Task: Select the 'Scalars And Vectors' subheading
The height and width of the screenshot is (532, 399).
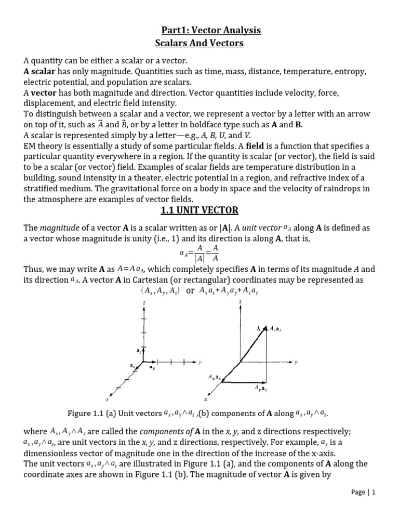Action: pyautogui.click(x=200, y=44)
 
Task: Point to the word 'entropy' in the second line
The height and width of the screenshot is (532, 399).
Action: pyautogui.click(x=352, y=72)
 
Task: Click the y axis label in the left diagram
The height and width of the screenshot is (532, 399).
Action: pyautogui.click(x=199, y=362)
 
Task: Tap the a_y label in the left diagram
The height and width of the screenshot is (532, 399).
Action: pyautogui.click(x=152, y=368)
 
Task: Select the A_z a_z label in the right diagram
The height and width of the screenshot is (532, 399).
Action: pyautogui.click(x=275, y=329)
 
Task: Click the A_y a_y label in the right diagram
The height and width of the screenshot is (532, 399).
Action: pyautogui.click(x=261, y=388)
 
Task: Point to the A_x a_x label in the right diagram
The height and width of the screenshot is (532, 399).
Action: pyautogui.click(x=214, y=376)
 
